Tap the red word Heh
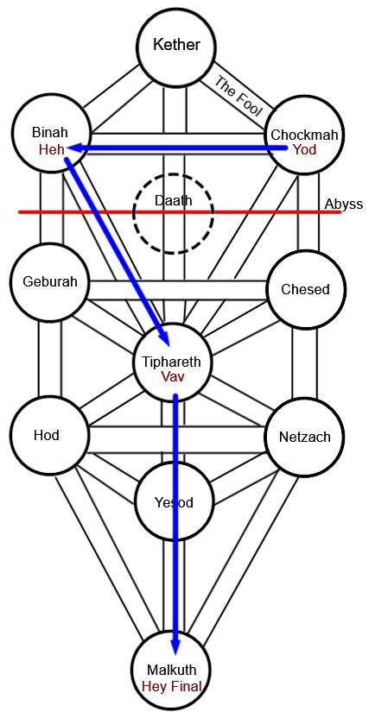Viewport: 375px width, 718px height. tap(49, 149)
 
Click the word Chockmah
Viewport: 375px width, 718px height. tap(305, 135)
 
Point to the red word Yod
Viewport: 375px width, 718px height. tap(305, 150)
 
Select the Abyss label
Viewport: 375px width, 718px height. tap(343, 205)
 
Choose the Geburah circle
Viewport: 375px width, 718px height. tap(48, 282)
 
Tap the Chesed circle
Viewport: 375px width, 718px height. tap(305, 289)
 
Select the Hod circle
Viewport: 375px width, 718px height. tap(48, 435)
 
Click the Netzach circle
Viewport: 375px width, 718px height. tap(304, 437)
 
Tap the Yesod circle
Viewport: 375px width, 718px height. tap(173, 501)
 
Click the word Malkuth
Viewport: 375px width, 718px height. tap(173, 671)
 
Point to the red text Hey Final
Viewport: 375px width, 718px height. tap(173, 687)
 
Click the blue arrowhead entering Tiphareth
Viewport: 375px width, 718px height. tap(162, 335)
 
